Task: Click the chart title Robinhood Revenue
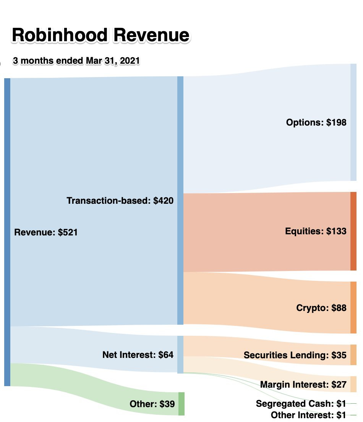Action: click(100, 35)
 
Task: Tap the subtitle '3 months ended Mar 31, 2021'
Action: click(76, 61)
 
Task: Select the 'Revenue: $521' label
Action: click(46, 232)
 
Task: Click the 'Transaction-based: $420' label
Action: click(120, 200)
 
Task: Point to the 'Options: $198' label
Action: click(316, 122)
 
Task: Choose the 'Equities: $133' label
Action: click(316, 231)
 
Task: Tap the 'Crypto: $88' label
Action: click(321, 308)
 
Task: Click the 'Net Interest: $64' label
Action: click(138, 355)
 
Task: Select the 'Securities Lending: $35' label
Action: click(295, 355)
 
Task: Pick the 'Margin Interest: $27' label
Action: click(303, 384)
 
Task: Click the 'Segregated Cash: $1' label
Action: click(301, 404)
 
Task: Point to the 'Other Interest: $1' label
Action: click(308, 415)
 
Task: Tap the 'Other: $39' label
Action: click(152, 404)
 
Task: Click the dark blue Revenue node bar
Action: click(7, 232)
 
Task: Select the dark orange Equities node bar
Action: click(353, 231)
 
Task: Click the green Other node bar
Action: click(181, 404)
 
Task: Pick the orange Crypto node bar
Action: click(353, 308)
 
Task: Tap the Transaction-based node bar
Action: click(180, 200)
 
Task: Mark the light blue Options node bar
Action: click(353, 122)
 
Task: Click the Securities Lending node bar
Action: click(353, 355)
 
